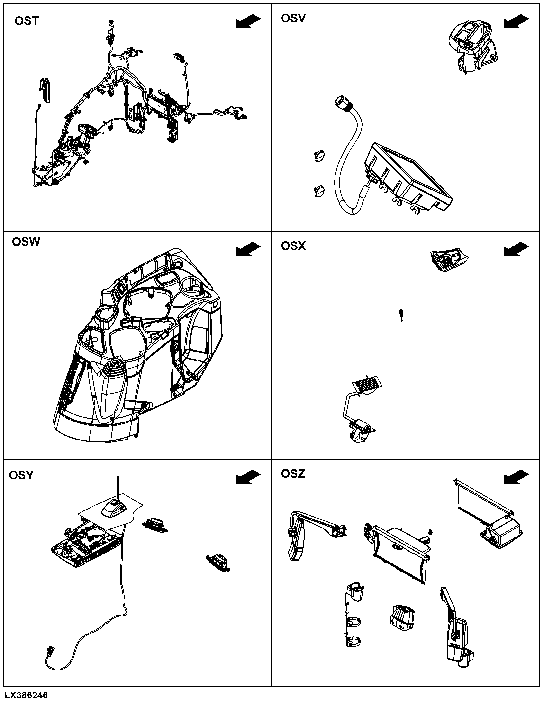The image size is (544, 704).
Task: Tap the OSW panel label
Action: (x=26, y=242)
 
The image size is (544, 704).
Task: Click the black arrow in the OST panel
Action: (x=248, y=22)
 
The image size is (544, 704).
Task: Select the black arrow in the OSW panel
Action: (x=248, y=249)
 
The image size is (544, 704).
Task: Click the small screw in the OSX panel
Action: (x=401, y=315)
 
